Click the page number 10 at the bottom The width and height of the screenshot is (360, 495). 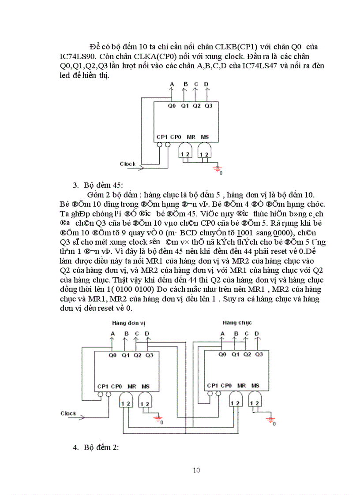point(197,470)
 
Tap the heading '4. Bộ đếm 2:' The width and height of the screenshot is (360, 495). point(96,448)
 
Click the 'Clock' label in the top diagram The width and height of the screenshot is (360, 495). point(128,164)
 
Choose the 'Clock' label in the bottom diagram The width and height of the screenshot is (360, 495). point(68,413)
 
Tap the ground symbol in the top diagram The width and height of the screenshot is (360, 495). point(217,168)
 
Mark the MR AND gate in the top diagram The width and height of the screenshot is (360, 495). point(185,152)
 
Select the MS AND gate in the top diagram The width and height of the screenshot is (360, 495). point(204,152)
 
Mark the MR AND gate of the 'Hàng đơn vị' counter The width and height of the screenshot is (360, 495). point(126,402)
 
